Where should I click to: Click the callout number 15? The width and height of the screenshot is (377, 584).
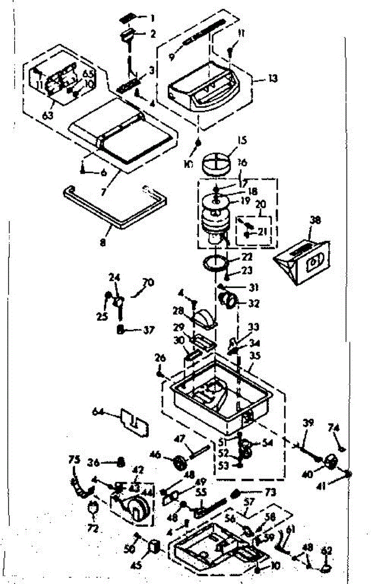pos(242,141)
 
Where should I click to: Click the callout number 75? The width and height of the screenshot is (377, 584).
pos(74,460)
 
